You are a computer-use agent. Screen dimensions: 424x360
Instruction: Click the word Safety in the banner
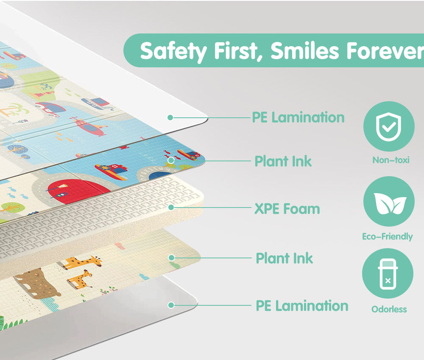click(173, 51)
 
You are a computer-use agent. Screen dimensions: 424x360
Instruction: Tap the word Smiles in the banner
click(304, 51)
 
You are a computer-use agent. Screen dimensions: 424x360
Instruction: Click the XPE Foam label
click(287, 209)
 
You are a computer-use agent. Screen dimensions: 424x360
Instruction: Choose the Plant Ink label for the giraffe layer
click(285, 258)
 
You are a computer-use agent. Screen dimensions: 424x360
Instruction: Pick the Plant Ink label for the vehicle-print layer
click(283, 161)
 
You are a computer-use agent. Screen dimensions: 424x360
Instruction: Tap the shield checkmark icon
click(389, 126)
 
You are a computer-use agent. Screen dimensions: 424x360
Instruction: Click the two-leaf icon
click(389, 202)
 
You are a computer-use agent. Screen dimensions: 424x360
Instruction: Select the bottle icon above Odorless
click(388, 274)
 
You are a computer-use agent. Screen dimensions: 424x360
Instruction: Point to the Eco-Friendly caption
click(388, 237)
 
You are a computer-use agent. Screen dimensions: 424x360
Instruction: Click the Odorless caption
click(389, 309)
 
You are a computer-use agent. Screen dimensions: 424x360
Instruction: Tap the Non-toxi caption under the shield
click(391, 160)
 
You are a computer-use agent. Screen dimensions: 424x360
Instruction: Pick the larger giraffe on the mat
click(83, 263)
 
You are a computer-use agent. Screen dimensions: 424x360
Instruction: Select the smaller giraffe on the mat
click(80, 279)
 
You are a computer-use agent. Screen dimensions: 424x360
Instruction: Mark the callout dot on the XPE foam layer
click(171, 207)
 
